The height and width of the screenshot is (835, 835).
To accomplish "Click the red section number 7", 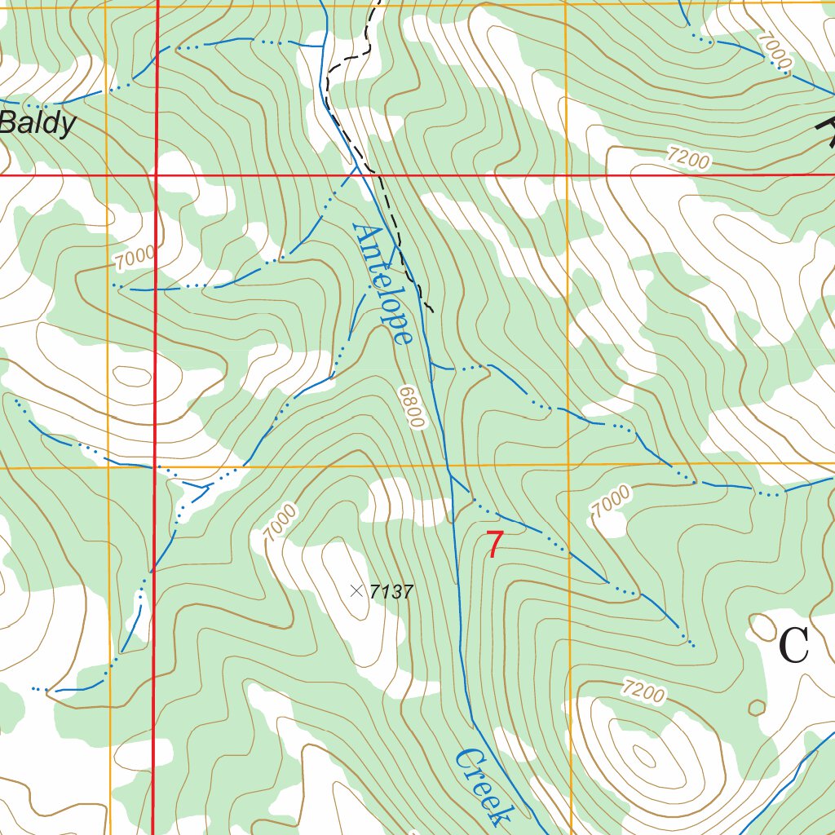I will [494, 546].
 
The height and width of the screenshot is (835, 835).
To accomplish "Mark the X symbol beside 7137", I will [356, 590].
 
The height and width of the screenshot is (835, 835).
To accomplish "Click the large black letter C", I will [793, 647].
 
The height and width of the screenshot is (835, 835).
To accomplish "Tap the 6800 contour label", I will [413, 407].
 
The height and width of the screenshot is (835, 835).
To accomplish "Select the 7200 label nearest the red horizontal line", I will [687, 157].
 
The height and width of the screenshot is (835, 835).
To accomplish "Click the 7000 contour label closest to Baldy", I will [135, 258].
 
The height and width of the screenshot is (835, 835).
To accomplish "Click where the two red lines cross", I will [155, 175].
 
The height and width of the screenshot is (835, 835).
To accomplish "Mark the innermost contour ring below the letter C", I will [644, 758].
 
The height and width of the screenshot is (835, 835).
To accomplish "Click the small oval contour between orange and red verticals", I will [131, 376].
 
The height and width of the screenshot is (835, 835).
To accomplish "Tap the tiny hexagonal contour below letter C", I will [757, 707].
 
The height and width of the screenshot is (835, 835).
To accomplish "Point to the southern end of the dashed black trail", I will [431, 311].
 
